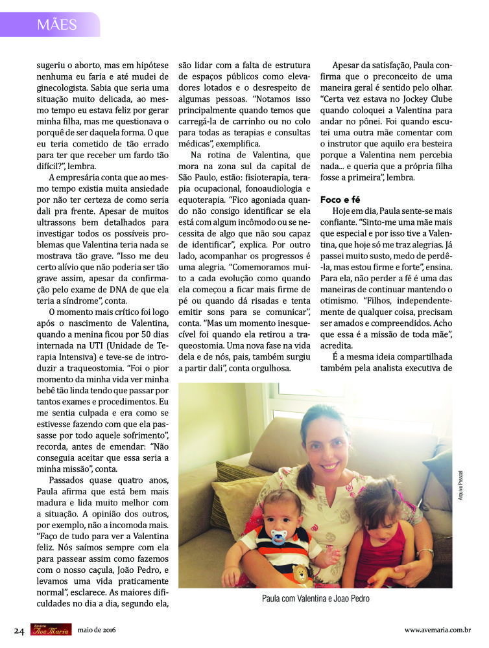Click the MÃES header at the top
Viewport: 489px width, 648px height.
[57, 25]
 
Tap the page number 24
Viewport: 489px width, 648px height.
[19, 630]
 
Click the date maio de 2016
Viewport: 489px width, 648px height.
[97, 630]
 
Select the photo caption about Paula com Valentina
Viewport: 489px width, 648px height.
[315, 599]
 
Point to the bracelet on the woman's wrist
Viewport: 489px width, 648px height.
[425, 552]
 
